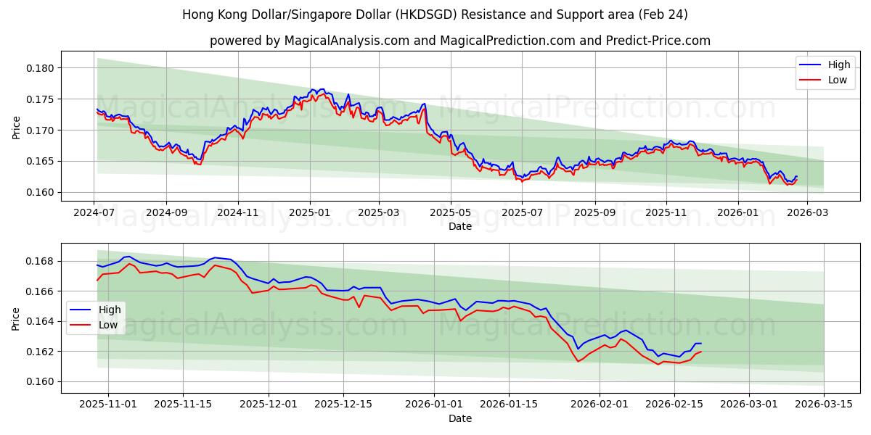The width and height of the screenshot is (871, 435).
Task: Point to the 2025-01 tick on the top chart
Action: [x=310, y=213]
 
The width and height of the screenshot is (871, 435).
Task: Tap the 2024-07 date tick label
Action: [x=94, y=213]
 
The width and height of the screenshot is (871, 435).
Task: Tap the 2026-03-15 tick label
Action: [x=824, y=405]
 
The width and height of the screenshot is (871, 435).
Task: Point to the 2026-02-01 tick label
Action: [x=600, y=405]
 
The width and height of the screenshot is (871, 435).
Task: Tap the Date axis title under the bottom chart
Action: [x=460, y=418]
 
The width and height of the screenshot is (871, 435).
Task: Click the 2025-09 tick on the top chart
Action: [x=594, y=213]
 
